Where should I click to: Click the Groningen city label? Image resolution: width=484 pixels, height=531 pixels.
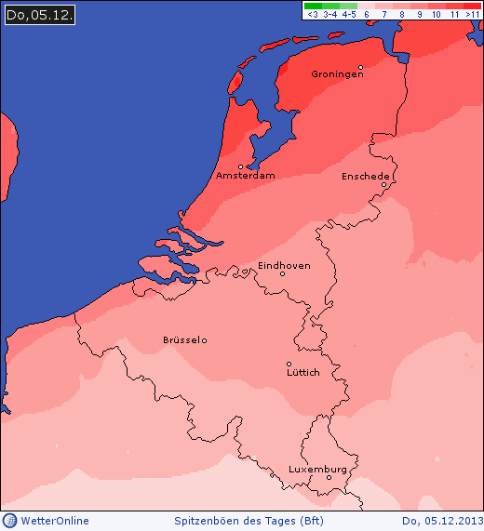tap(337, 74)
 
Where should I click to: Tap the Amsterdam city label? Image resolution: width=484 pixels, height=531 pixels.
tap(245, 176)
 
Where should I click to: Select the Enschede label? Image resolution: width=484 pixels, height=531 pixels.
tap(365, 176)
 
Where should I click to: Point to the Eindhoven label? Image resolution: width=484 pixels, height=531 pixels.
tap(284, 265)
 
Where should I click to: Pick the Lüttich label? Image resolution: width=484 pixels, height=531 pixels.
tap(303, 372)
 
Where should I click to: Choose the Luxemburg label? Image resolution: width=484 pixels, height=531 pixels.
tap(317, 469)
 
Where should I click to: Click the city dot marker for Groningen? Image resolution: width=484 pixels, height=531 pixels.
tap(360, 67)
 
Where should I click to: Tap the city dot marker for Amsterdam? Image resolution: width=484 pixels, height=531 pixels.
tap(240, 167)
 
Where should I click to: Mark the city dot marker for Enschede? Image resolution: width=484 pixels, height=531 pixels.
tap(383, 184)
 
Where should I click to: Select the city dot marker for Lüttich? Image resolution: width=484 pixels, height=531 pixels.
tap(289, 364)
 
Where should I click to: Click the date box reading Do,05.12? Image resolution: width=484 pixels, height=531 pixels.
tap(39, 15)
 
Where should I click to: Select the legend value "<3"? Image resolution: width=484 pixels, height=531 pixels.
tap(313, 15)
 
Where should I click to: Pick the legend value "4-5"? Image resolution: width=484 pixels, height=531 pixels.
tap(349, 15)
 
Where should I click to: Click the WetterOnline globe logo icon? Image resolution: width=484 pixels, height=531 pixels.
tap(10, 521)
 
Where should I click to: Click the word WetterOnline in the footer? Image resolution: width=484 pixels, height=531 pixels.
tap(55, 521)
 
